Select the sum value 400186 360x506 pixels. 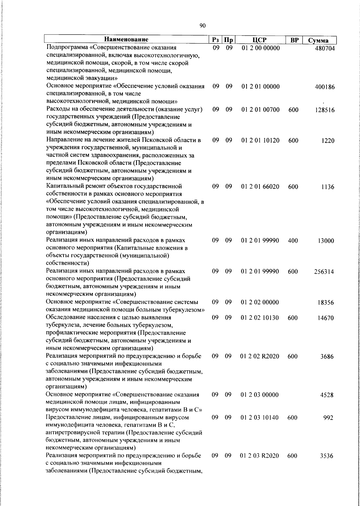pyautogui.click(x=325, y=87)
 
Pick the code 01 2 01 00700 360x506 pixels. pyautogui.click(x=260, y=110)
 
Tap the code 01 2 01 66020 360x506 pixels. pyautogui.click(x=260, y=187)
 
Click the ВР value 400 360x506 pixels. pyautogui.click(x=293, y=240)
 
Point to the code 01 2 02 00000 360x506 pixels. pyautogui.click(x=260, y=302)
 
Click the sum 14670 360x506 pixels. pyautogui.click(x=325, y=318)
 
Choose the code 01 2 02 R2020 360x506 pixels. pyautogui.click(x=259, y=357)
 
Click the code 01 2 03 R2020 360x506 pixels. pyautogui.click(x=259, y=456)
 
